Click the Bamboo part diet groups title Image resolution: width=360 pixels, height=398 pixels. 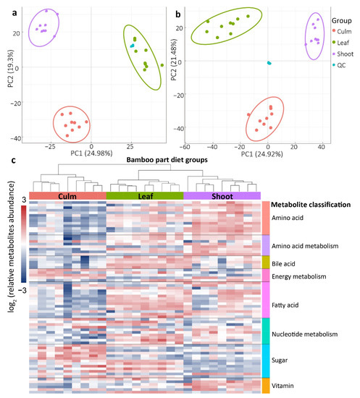coord(145,158)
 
